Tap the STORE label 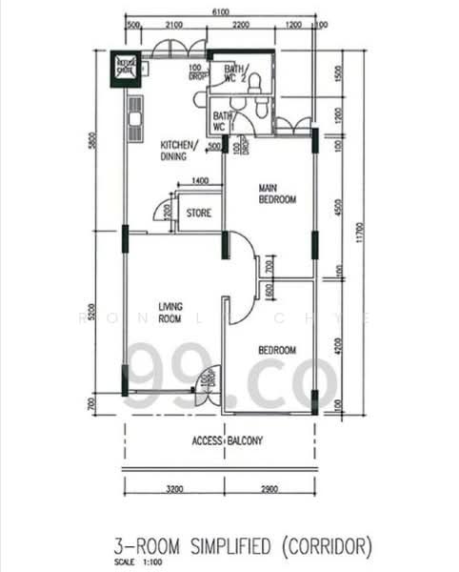pyautogui.click(x=198, y=214)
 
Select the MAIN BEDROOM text pyautogui.click(x=278, y=194)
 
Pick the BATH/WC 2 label pyautogui.click(x=235, y=73)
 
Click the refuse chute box pyautogui.click(x=125, y=67)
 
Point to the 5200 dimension pyautogui.click(x=93, y=312)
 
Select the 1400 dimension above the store pyautogui.click(x=199, y=181)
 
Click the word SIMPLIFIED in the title pyautogui.click(x=221, y=546)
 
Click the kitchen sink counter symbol pyautogui.click(x=135, y=116)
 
